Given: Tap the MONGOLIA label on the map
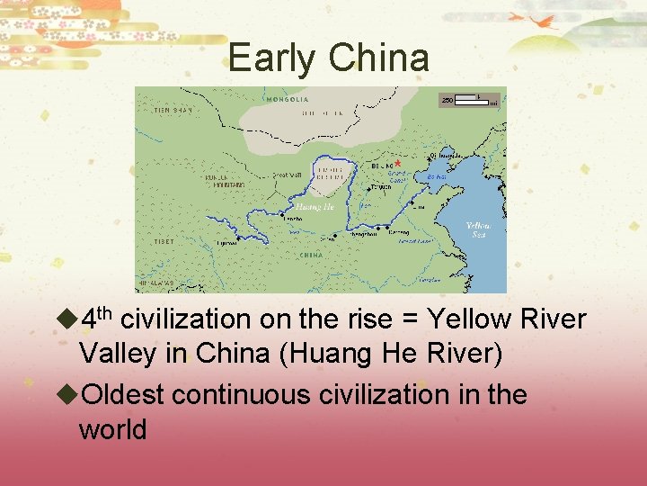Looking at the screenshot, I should [x=287, y=99].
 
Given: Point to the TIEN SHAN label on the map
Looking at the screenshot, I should [x=173, y=110].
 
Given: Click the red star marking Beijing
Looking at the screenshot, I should [x=396, y=164].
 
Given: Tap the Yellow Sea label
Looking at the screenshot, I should [x=478, y=229].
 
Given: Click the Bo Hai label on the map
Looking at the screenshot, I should [x=436, y=177].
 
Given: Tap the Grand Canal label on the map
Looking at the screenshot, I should [x=398, y=177].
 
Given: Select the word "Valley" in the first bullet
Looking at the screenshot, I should [x=112, y=354].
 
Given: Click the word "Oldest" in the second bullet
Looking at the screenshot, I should [x=122, y=394].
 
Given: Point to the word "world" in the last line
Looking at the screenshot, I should [x=112, y=429].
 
